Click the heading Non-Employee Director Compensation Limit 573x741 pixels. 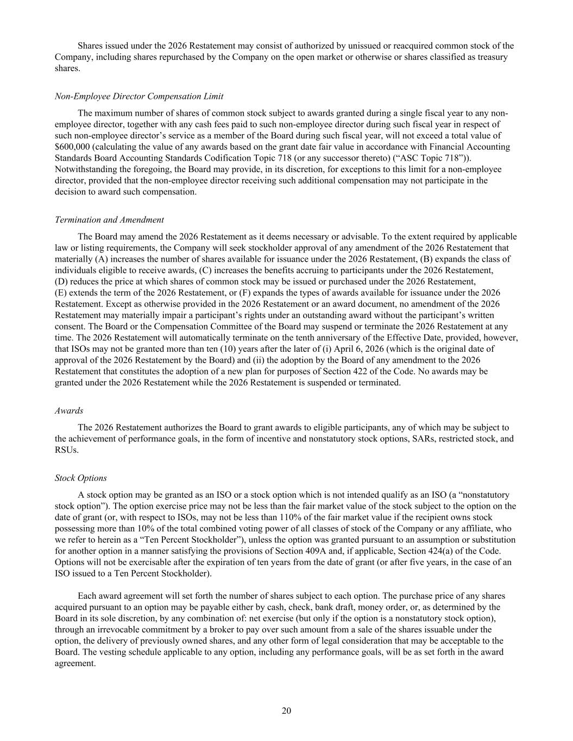(139, 97)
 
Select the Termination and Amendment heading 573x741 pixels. (109, 220)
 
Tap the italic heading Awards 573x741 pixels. (69, 411)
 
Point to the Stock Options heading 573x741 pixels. (81, 478)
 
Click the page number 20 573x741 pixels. (287, 711)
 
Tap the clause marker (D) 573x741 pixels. (61, 282)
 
